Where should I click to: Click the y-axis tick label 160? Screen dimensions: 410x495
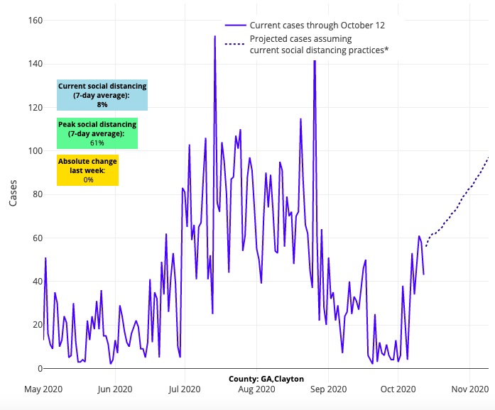click(x=34, y=20)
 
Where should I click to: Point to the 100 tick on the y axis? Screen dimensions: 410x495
click(x=34, y=150)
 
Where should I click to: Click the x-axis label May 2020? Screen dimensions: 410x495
click(x=43, y=389)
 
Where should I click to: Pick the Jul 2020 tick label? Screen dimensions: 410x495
click(x=185, y=389)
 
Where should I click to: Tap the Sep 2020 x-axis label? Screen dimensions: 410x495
click(x=327, y=389)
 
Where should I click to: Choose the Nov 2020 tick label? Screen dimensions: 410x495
click(x=470, y=389)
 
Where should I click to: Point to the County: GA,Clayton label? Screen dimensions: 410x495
click(x=266, y=379)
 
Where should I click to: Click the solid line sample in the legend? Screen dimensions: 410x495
click(x=234, y=26)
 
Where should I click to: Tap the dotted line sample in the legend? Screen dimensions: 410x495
click(x=234, y=45)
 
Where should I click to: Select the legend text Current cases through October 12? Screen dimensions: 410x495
click(x=317, y=26)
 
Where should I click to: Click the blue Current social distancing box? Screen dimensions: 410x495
click(x=102, y=95)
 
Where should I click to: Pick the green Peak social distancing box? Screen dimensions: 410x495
click(x=97, y=133)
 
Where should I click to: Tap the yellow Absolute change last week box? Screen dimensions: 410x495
click(x=88, y=170)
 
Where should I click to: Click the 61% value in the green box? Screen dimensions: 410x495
click(x=97, y=143)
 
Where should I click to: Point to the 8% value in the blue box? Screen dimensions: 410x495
click(x=102, y=104)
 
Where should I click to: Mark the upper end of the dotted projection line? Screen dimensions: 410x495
click(x=489, y=157)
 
